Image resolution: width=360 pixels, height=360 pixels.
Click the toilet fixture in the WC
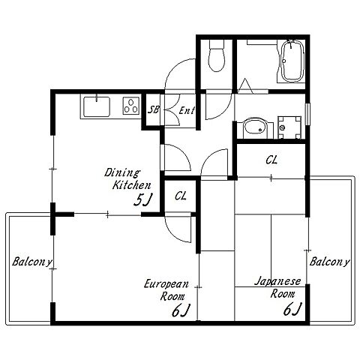coord(217,55)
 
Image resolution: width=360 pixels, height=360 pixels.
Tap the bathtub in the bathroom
coord(292,61)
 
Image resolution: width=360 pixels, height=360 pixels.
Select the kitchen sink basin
coord(97,106)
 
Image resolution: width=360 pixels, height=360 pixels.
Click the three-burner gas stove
coord(131,106)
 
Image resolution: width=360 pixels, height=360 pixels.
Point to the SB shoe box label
coord(153,109)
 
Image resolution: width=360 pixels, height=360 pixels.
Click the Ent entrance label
coord(187,110)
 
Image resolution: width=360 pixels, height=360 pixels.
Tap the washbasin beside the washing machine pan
coord(255,128)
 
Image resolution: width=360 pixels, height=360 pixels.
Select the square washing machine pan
coord(289,127)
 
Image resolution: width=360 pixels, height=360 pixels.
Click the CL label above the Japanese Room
coord(271,160)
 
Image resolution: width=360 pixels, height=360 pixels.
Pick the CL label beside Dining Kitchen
coord(181,196)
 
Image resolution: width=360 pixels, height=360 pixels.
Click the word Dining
coord(122,172)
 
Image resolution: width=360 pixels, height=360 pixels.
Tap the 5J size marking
coord(143,200)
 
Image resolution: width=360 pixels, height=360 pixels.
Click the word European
coord(166,284)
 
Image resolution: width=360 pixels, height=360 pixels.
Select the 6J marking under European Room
coord(181,310)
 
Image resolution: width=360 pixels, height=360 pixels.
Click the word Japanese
coord(277,282)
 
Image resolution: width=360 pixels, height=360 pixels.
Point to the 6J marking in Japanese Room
coord(292,309)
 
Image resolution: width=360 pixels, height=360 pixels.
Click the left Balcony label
coord(32,262)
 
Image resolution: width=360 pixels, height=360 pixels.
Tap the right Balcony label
coord(329,262)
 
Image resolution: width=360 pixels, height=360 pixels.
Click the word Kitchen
coord(132,185)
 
